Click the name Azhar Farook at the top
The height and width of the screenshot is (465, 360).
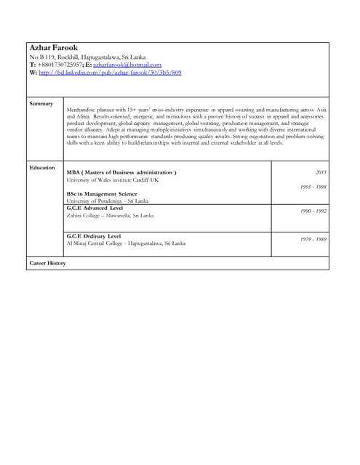54,48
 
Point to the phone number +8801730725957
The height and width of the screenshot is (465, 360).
60,65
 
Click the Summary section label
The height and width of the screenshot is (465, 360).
41,104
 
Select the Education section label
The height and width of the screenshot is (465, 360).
42,168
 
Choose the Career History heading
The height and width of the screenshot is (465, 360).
48,262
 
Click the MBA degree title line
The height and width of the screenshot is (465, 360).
121,172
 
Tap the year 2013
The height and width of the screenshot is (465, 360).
321,172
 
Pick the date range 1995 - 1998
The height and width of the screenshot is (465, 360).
313,187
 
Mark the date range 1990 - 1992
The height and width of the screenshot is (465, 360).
313,211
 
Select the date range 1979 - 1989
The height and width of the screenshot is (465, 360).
313,239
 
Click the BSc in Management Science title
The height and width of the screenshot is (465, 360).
102,194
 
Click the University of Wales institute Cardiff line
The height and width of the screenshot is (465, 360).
113,179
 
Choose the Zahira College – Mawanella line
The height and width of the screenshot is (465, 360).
110,215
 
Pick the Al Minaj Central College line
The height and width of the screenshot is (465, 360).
126,243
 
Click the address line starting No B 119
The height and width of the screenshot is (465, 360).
87,57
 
